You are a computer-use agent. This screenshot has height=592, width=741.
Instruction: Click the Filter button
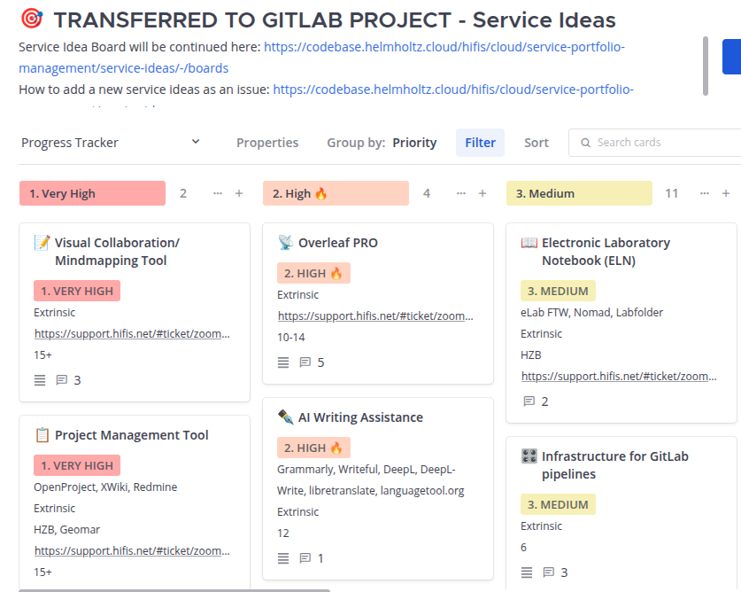480,143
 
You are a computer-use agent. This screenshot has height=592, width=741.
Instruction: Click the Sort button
536,143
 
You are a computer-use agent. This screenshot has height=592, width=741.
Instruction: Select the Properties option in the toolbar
267,143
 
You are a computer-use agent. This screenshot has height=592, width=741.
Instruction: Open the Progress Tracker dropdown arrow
196,142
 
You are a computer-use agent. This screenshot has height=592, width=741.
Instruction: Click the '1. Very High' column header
92,193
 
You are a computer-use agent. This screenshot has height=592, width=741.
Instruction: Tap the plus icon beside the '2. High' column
482,193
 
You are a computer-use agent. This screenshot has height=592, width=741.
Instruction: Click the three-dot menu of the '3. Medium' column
705,193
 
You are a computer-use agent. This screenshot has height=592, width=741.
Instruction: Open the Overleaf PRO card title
338,243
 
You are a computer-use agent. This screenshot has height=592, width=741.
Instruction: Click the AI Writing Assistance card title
360,417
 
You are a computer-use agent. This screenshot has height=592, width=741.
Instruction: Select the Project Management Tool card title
131,435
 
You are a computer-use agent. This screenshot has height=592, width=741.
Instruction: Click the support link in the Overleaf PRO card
375,316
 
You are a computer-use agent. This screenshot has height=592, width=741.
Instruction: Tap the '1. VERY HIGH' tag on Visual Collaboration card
77,291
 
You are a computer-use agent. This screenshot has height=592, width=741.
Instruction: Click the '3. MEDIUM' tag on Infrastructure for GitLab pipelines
558,504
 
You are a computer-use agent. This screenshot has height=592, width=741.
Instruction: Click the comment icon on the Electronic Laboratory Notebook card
529,401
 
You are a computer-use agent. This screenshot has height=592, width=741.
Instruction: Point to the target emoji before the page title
32,19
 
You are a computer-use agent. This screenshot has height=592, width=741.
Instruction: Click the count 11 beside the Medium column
672,193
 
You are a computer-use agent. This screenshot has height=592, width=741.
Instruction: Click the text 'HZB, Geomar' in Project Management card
66,530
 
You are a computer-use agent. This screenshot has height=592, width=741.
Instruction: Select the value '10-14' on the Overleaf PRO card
291,338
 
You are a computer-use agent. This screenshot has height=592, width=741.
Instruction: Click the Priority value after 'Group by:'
414,143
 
